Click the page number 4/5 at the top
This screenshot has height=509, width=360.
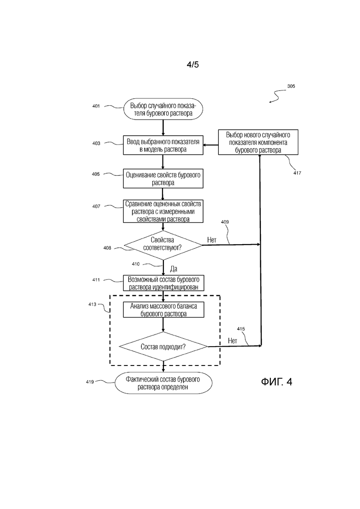[x=192, y=65]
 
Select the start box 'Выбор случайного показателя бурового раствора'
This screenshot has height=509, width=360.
[x=163, y=109]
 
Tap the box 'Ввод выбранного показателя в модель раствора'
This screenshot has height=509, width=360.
[x=163, y=145]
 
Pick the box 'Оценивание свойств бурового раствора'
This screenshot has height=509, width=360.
[x=163, y=179]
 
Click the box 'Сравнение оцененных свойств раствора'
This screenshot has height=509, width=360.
[x=163, y=211]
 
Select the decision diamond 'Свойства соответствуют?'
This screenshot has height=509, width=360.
[x=163, y=245]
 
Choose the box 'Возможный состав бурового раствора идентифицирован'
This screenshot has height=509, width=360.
[x=163, y=283]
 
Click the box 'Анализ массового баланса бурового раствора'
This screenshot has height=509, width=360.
[x=163, y=310]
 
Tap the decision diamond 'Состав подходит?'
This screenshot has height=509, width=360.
[x=163, y=347]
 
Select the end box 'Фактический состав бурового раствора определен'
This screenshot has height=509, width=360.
[x=163, y=383]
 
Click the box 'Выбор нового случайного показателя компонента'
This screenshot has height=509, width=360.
[x=258, y=142]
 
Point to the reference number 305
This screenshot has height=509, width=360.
[x=291, y=86]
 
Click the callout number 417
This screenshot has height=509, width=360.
[x=297, y=173]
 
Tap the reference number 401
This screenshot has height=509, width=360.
[x=96, y=106]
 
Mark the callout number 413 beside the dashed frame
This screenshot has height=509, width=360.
[x=92, y=305]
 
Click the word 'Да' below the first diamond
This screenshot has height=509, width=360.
[x=174, y=269]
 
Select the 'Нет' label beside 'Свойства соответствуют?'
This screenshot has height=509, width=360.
[x=212, y=240]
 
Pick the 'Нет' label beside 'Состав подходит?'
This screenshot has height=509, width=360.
[x=233, y=341]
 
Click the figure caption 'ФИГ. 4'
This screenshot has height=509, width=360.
[x=276, y=382]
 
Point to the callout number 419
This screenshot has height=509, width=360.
[x=90, y=382]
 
